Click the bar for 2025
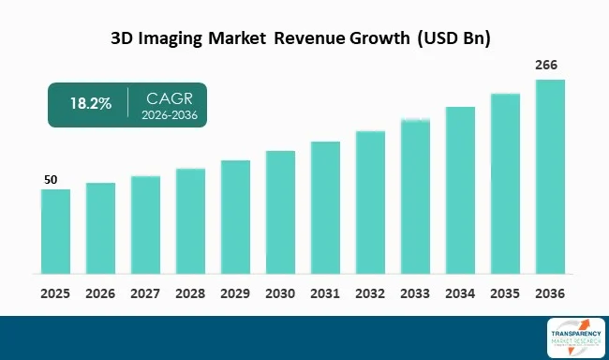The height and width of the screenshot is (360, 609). pyautogui.click(x=55, y=232)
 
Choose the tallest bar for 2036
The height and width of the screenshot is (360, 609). pyautogui.click(x=550, y=177)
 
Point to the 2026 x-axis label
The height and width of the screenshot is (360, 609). pyautogui.click(x=100, y=293)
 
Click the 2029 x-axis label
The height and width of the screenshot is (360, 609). pyautogui.click(x=235, y=293)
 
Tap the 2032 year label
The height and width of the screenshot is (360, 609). pyautogui.click(x=370, y=293)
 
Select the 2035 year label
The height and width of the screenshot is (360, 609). pyautogui.click(x=505, y=293)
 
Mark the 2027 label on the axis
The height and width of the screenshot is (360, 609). pyautogui.click(x=145, y=293)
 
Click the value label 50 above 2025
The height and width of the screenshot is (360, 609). pyautogui.click(x=52, y=179)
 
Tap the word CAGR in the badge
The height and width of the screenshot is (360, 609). pyautogui.click(x=170, y=97)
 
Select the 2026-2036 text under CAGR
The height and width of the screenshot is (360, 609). pyautogui.click(x=170, y=114)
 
